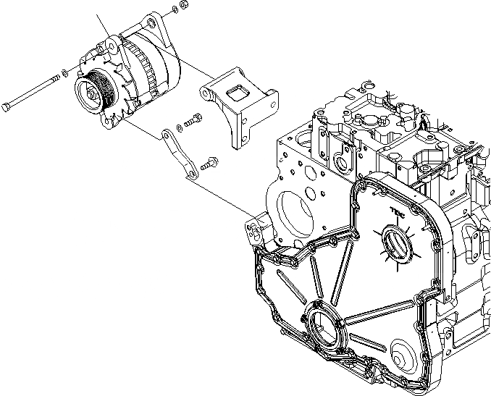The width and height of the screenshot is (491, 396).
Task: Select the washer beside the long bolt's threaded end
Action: (65, 72)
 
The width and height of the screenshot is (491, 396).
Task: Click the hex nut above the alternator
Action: (184, 5)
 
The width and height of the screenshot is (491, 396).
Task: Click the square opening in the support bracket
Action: (237, 90)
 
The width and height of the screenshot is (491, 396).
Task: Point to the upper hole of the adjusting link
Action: (166, 135)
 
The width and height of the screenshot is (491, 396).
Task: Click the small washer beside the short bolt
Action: (179, 127)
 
